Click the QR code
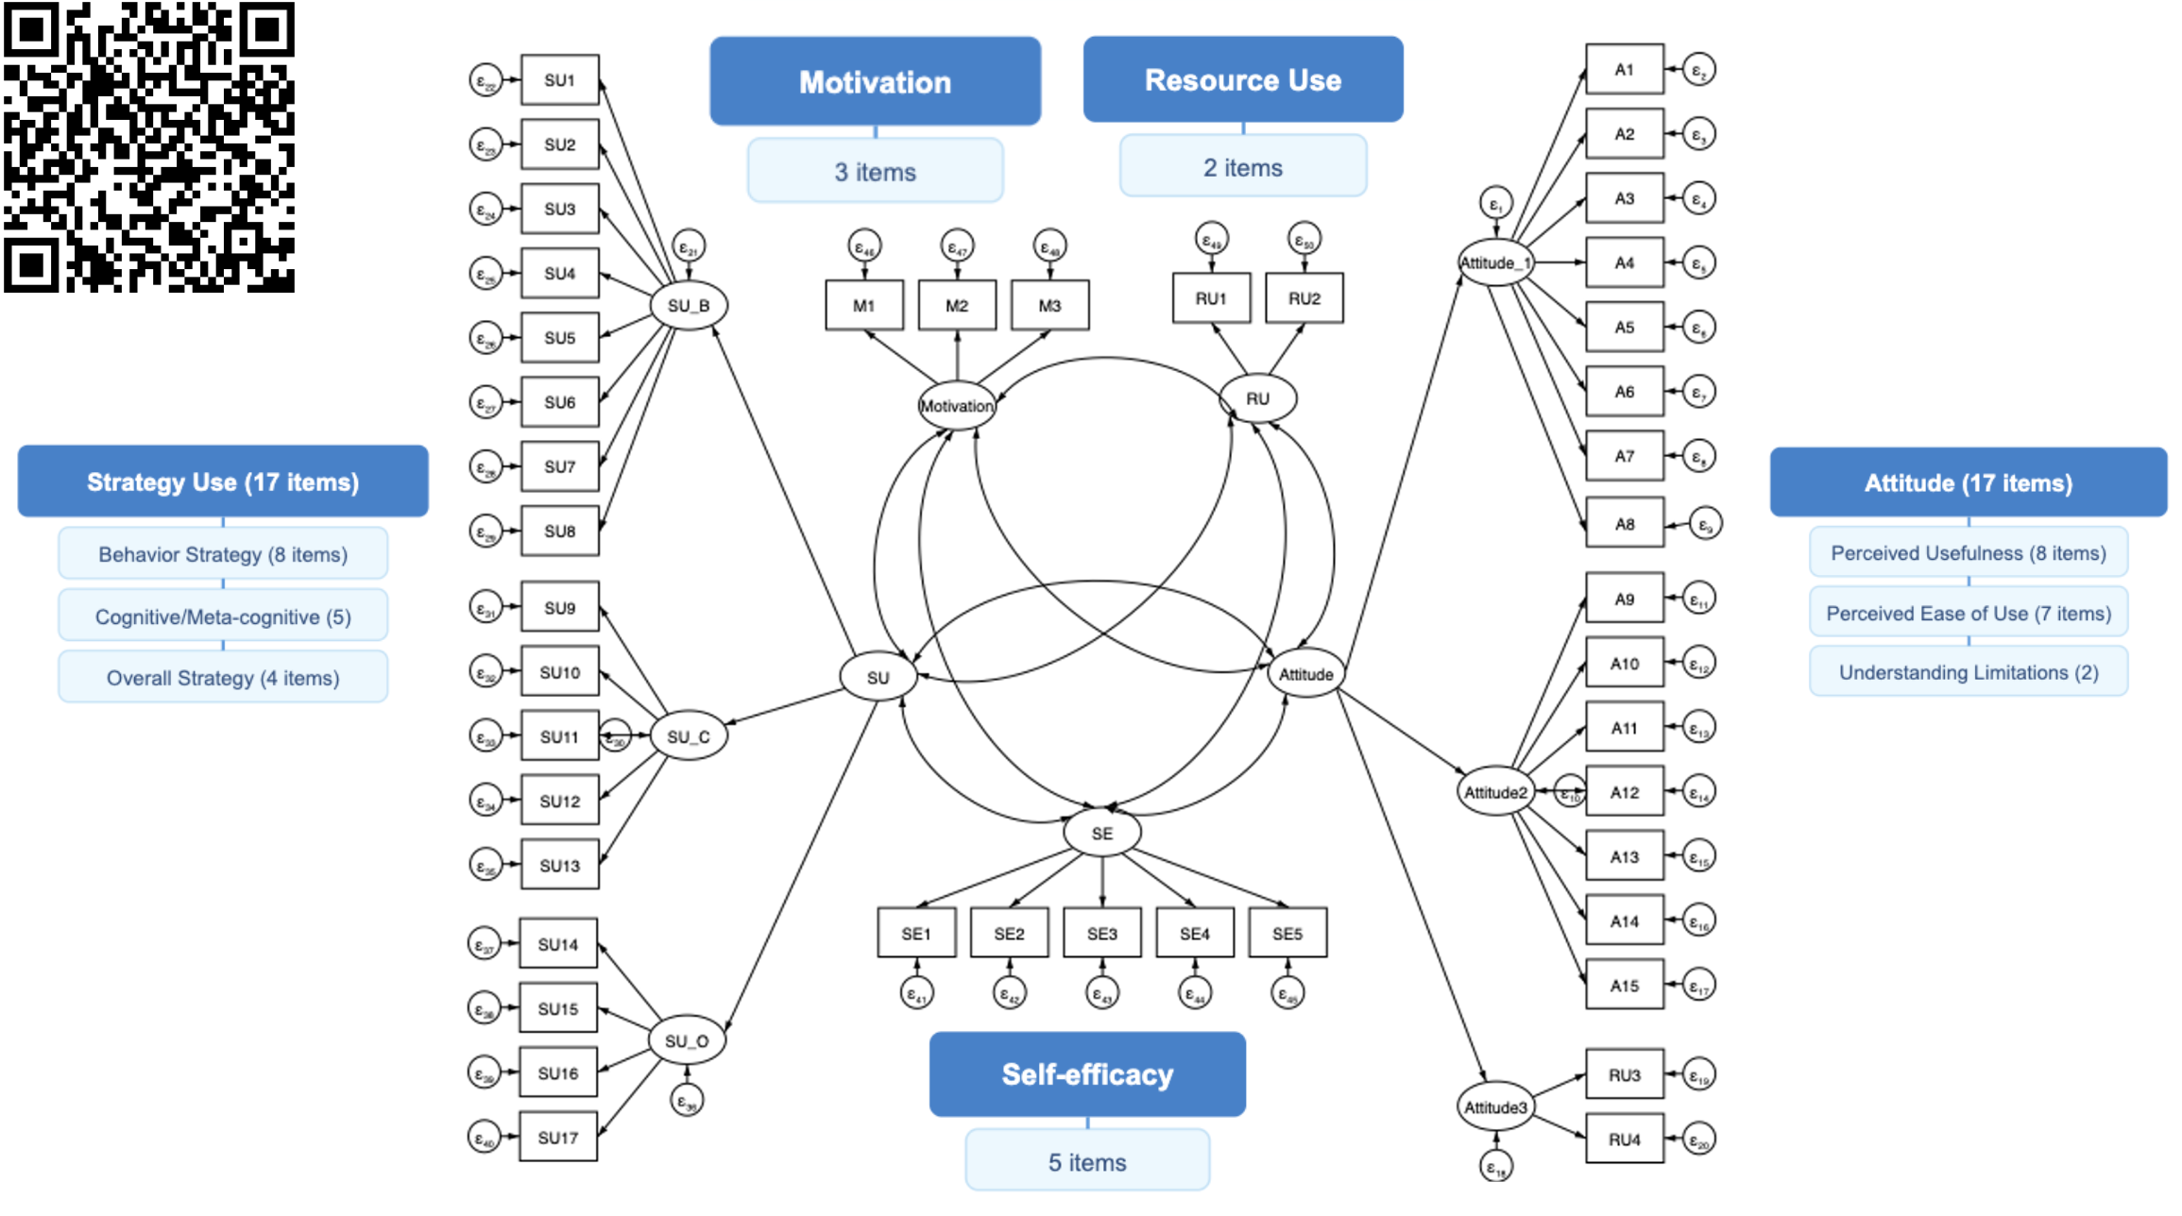click(149, 146)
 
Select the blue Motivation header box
click(875, 82)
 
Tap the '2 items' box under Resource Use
click(1242, 167)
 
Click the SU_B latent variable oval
click(689, 306)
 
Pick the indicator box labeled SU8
click(559, 531)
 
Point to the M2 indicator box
click(957, 306)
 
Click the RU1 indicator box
click(1210, 298)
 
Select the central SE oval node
click(1101, 833)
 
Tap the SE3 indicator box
click(1101, 933)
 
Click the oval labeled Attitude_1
click(1494, 262)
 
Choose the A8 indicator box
click(1624, 523)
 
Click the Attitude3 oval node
click(1495, 1106)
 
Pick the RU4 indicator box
click(1624, 1139)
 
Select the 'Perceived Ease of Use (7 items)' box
click(1968, 613)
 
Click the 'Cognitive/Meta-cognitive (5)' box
click(223, 616)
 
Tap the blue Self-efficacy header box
click(1086, 1073)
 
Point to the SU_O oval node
click(687, 1040)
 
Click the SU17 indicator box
click(557, 1137)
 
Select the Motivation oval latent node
click(956, 406)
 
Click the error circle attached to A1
click(1698, 71)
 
